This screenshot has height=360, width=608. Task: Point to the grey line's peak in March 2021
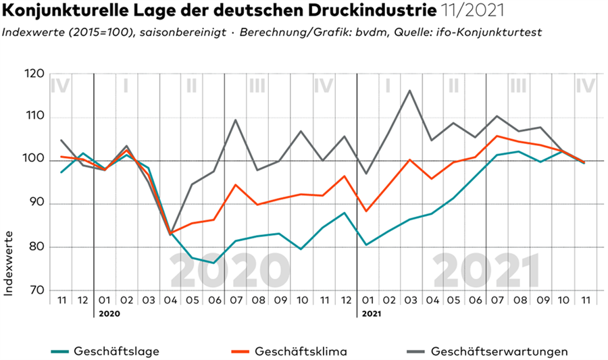click(409, 91)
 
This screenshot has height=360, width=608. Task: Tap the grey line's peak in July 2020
click(235, 120)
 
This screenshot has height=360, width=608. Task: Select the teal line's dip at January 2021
click(366, 245)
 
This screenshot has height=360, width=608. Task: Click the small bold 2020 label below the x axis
click(109, 314)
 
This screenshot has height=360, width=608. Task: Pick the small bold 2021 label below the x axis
click(372, 314)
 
